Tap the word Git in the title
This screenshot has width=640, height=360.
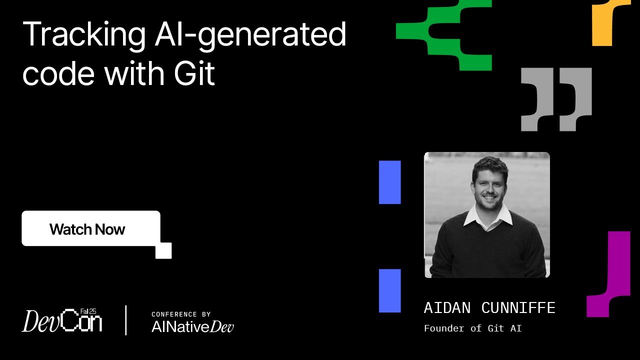coord(194,73)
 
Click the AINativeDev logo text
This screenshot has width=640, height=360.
coord(192,326)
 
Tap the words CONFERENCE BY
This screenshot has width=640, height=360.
coord(181,314)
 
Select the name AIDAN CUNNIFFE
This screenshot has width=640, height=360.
coord(489,308)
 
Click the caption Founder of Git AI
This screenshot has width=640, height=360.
coord(472,328)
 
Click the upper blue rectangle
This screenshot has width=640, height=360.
coord(390,182)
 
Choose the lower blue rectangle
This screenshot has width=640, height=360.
coord(390,290)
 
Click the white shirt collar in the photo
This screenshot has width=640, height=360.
coord(487,217)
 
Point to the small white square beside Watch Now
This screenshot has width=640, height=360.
coord(163,250)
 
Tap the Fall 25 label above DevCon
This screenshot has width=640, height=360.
coord(88,311)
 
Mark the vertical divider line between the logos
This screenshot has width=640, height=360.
coord(125,320)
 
